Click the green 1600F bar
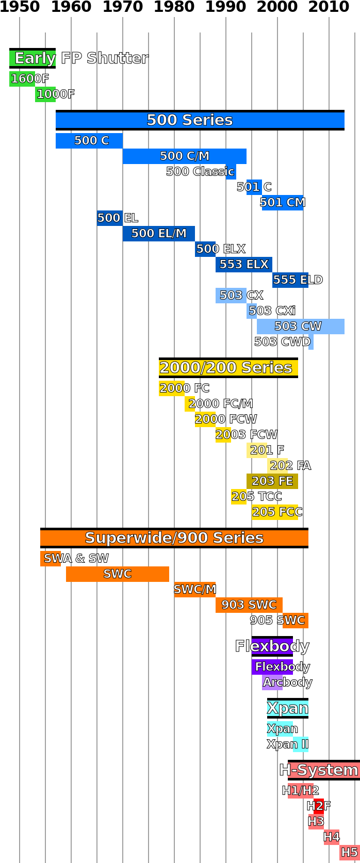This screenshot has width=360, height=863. pyautogui.click(x=22, y=79)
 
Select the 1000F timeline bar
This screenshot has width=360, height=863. pyautogui.click(x=45, y=94)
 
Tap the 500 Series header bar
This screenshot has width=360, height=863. pyautogui.click(x=200, y=120)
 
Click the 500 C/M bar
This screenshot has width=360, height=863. pyautogui.click(x=184, y=156)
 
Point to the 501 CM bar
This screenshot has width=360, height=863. pyautogui.click(x=282, y=203)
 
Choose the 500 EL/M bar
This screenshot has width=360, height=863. pyautogui.click(x=158, y=234)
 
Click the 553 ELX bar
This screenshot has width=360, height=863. pyautogui.click(x=243, y=265)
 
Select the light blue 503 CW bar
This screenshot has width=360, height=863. pyautogui.click(x=300, y=327)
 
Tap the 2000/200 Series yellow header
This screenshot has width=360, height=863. pyautogui.click(x=228, y=368)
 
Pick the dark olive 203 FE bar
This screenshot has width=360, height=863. pyautogui.click(x=272, y=481)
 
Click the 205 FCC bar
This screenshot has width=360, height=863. pyautogui.click(x=274, y=512)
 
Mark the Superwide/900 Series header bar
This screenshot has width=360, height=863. pyautogui.click(x=174, y=538)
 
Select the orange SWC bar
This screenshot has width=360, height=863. pyautogui.click(x=117, y=574)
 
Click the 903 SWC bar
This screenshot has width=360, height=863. pyautogui.click(x=249, y=605)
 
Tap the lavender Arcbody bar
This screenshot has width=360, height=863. pyautogui.click(x=272, y=682)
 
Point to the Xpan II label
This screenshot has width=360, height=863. pyautogui.click(x=300, y=744)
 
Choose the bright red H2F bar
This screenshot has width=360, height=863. pyautogui.click(x=319, y=806)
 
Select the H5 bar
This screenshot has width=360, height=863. pyautogui.click(x=349, y=853)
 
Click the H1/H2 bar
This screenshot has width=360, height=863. pyautogui.click(x=300, y=791)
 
